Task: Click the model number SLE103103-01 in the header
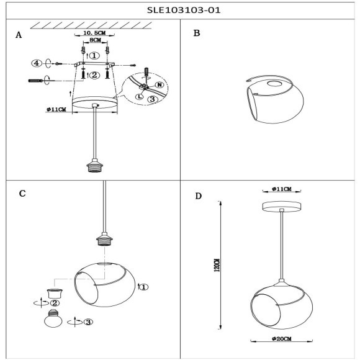point(184,11)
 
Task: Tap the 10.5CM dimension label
point(94,33)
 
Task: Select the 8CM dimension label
point(96,40)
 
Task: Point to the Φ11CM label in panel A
point(56,109)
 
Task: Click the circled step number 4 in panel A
point(37,63)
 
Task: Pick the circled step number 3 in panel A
point(153,99)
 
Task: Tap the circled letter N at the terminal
point(160,85)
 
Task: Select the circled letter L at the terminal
point(140,97)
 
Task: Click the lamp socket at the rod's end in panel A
point(94,165)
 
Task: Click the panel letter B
point(197,33)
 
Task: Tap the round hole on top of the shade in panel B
point(274,84)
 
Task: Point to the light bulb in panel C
point(53,318)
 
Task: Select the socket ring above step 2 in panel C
point(55,294)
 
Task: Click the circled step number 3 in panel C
point(88,322)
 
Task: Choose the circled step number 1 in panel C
point(144,287)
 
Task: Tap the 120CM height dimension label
point(217,265)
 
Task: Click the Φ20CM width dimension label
point(282,339)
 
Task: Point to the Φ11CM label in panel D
point(282,189)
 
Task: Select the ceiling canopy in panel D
point(281,207)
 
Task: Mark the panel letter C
point(22,194)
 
